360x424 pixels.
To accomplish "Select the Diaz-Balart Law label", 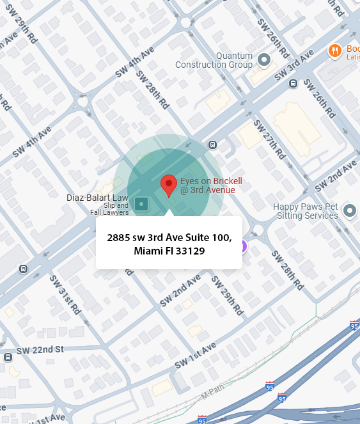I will (x=97, y=198).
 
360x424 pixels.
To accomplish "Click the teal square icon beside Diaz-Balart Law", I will (x=142, y=205).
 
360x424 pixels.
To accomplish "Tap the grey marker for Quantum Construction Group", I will (x=264, y=60).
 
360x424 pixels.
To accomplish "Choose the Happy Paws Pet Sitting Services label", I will (x=306, y=211).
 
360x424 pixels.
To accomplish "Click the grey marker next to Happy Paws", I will (x=349, y=210).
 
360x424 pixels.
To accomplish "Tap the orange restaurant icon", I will (x=334, y=50).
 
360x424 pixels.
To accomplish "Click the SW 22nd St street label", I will (x=40, y=350).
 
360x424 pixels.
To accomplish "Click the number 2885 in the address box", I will (x=119, y=238).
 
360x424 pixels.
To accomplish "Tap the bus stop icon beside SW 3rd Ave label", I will (x=293, y=83).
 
